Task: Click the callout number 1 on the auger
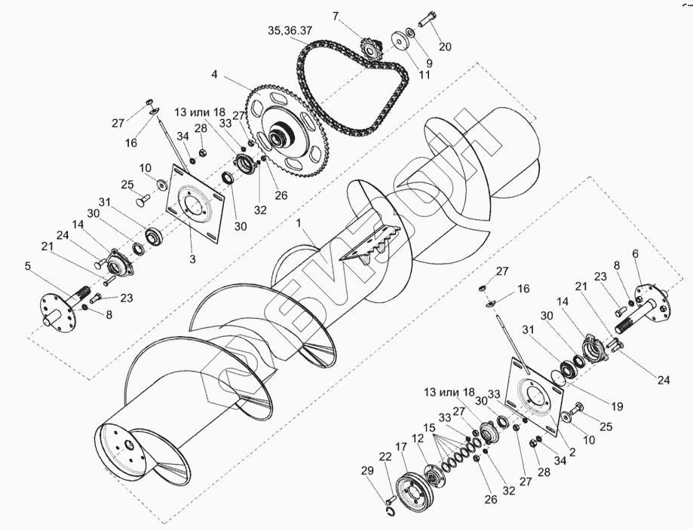click(x=300, y=223)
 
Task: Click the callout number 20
click(x=445, y=47)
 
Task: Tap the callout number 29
click(x=367, y=471)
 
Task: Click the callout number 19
click(x=617, y=406)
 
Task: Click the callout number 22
click(x=385, y=457)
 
